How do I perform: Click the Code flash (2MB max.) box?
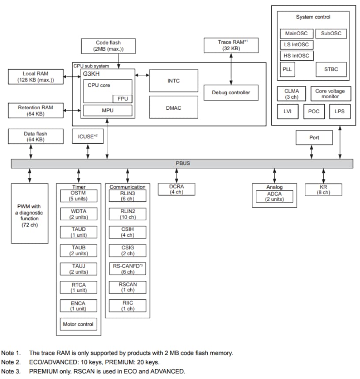coord(108,46)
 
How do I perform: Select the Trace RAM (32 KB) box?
coord(231,45)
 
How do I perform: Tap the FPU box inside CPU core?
coord(123,98)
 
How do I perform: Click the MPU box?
coord(107,110)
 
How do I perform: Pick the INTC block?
coord(173,81)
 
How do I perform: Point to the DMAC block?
coord(173,108)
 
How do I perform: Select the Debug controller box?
coord(231,93)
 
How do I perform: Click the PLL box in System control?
coord(287,70)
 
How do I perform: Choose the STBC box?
coord(331,70)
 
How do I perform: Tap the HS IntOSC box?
coord(296,56)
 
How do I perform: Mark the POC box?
coord(313,111)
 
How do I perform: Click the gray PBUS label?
coord(182,163)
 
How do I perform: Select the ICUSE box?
coord(87,137)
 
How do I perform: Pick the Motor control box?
coord(78,324)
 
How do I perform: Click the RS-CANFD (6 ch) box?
coord(127,269)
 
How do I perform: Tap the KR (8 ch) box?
coord(324,190)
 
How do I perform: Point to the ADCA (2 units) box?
coord(274,196)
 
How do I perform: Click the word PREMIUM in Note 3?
coord(42,371)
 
